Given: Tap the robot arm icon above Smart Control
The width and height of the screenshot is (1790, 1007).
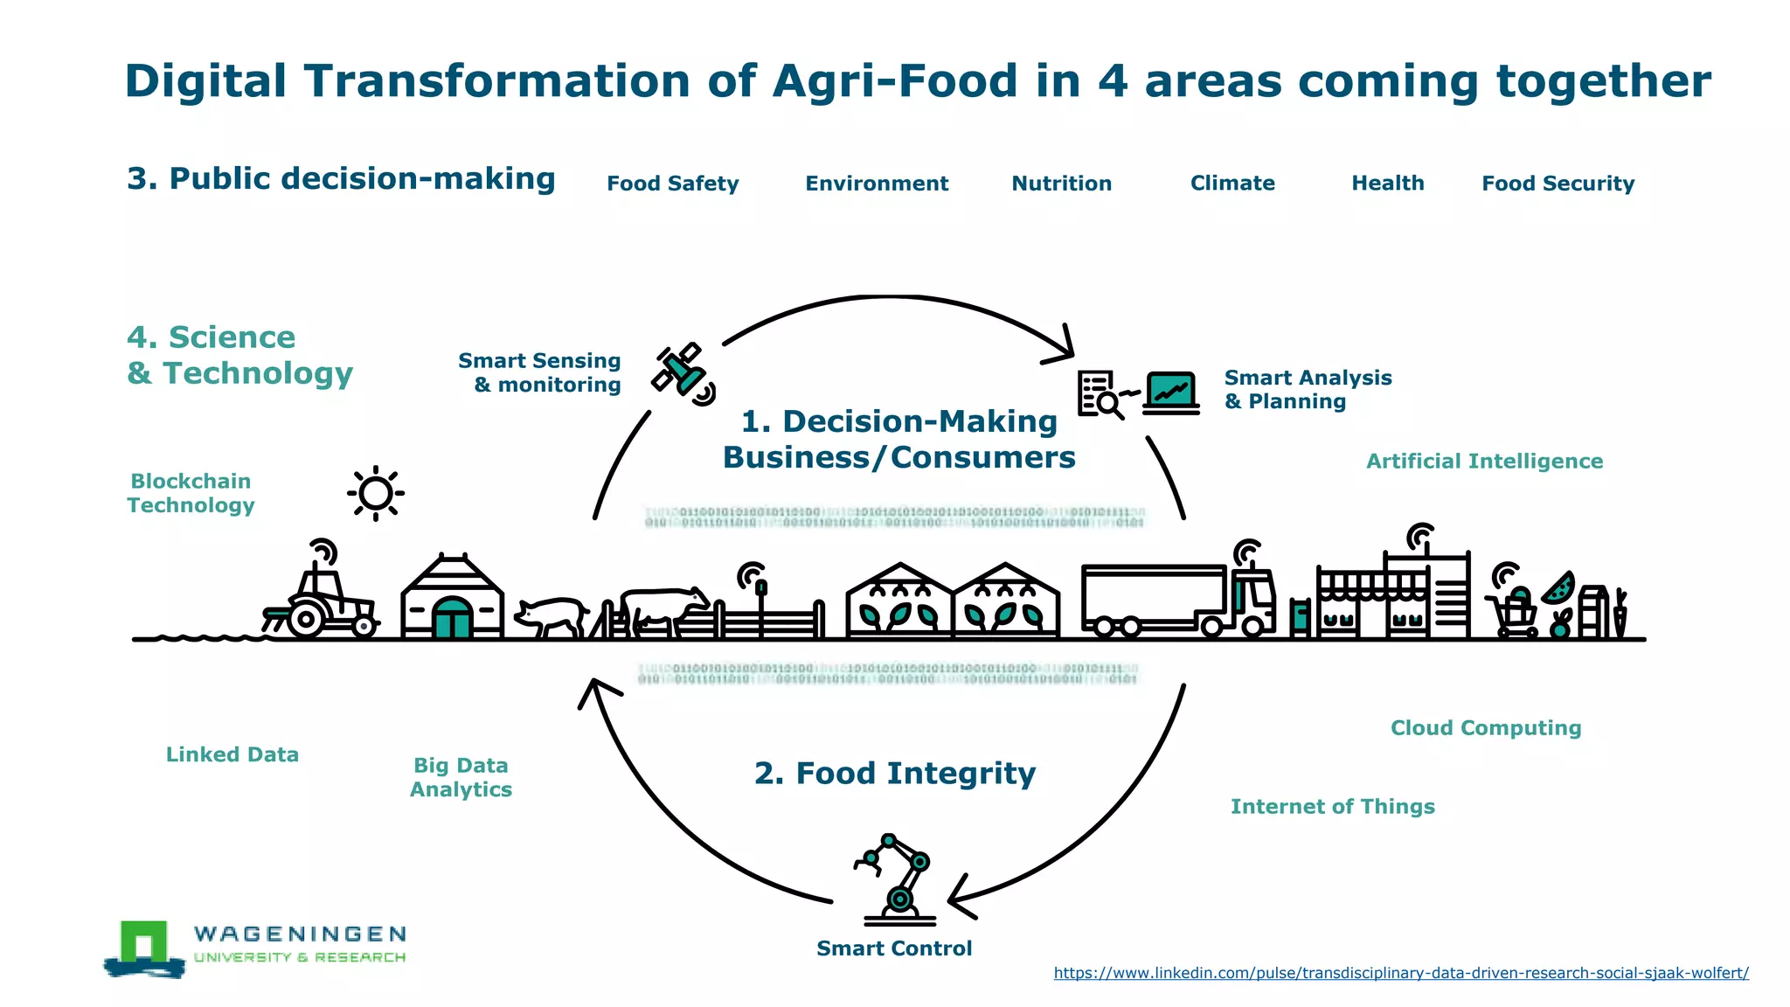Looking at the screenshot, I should pyautogui.click(x=897, y=879).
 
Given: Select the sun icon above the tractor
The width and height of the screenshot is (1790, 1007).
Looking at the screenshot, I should pyautogui.click(x=376, y=494).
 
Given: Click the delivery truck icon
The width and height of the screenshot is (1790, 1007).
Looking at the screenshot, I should pyautogui.click(x=1176, y=599).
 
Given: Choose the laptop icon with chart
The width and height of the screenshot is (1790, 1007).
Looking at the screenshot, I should pyautogui.click(x=1170, y=392).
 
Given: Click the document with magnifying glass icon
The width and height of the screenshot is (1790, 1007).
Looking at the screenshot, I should pyautogui.click(x=1100, y=394).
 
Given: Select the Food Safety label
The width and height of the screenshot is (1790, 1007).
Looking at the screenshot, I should pyautogui.click(x=672, y=184).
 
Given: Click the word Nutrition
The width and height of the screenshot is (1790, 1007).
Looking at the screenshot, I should pyautogui.click(x=1061, y=184).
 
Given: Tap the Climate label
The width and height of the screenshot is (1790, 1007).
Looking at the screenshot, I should pyautogui.click(x=1232, y=184).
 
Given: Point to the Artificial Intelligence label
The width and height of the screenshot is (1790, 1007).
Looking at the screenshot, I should pyautogui.click(x=1484, y=462).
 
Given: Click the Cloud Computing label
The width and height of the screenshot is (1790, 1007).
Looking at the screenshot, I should pyautogui.click(x=1486, y=728).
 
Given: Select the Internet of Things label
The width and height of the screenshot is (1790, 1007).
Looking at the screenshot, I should pyautogui.click(x=1332, y=807).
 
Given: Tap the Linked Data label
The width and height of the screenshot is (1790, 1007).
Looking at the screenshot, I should pyautogui.click(x=232, y=754).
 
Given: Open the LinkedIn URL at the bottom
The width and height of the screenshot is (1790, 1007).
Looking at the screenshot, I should pyautogui.click(x=1400, y=973).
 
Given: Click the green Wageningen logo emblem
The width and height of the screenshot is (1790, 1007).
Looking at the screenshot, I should pyautogui.click(x=144, y=947).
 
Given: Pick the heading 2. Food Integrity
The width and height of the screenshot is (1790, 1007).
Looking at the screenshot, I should pyautogui.click(x=894, y=774).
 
